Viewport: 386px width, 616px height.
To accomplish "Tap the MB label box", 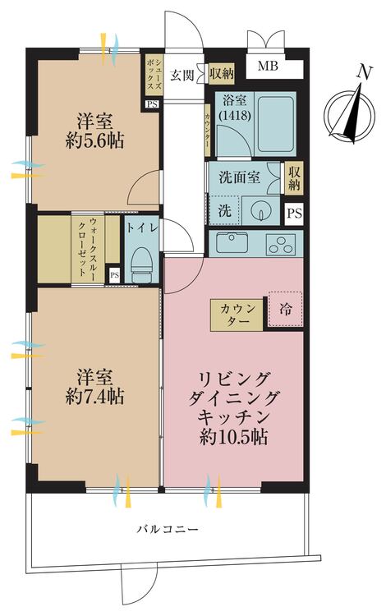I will [x=269, y=67].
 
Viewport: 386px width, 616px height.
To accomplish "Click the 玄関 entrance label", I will [x=182, y=75].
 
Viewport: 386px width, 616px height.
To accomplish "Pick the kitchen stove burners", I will [x=280, y=242].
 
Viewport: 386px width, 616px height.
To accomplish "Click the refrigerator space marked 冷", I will [x=284, y=310].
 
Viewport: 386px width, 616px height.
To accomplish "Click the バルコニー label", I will [x=167, y=530].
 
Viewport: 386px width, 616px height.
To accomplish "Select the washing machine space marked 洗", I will [x=222, y=209].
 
